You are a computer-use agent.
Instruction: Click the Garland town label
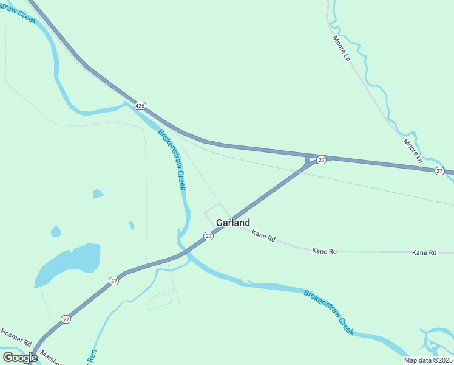pos(233,223)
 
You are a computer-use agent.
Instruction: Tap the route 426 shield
pos(140,106)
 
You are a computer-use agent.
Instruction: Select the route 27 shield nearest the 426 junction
pos(322,159)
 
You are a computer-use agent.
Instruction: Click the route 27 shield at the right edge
pos(439,172)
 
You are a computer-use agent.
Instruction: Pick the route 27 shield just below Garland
pos(208,236)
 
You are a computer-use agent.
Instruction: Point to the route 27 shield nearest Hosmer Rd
pos(66,319)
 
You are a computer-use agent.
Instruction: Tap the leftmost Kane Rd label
pos(263,235)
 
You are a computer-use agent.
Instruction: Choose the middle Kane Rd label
pos(324,251)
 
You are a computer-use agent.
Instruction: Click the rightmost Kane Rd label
pos(424,252)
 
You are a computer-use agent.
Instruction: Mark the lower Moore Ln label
pos(412,151)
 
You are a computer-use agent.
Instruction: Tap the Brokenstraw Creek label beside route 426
pos(172,159)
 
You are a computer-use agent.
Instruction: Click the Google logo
pos(20,357)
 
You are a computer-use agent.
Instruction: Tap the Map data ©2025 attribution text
pos(428,360)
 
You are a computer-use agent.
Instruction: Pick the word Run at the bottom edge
pos(93,355)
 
